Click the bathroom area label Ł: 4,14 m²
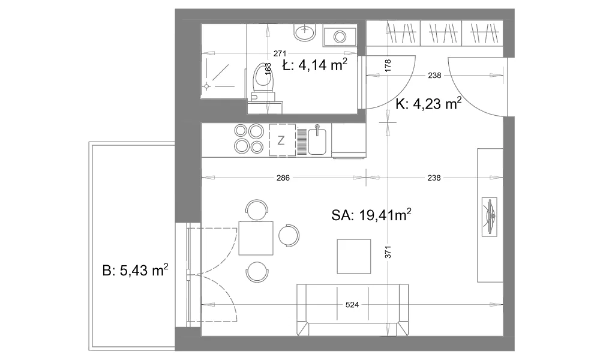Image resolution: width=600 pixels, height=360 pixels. point(314,65)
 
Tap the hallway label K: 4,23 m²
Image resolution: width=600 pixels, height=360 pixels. point(428,103)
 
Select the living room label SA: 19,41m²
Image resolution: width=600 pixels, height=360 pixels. point(371,215)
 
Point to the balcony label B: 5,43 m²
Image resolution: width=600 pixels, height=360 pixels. point(136,270)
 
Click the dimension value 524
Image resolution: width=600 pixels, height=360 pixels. point(352,305)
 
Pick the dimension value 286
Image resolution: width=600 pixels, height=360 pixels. point(283,178)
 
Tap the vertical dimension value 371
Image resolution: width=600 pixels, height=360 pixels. point(388,252)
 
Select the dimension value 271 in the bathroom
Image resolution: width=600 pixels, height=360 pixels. point(280,53)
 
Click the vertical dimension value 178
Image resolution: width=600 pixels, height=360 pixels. point(388,66)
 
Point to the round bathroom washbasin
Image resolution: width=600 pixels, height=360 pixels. point(305,31)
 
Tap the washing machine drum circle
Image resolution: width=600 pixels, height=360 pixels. point(340,37)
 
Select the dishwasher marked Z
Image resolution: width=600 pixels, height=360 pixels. point(283,140)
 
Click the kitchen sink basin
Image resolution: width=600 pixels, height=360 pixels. point(317,142)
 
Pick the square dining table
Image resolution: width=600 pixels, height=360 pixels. point(256,238)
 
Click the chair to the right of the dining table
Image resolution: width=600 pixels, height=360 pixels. point(289,235)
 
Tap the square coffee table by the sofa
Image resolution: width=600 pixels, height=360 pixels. point(354,256)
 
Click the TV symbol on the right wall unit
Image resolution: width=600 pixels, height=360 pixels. point(490,217)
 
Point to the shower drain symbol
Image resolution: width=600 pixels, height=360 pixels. point(206,86)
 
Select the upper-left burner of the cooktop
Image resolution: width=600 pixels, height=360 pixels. point(241,131)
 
